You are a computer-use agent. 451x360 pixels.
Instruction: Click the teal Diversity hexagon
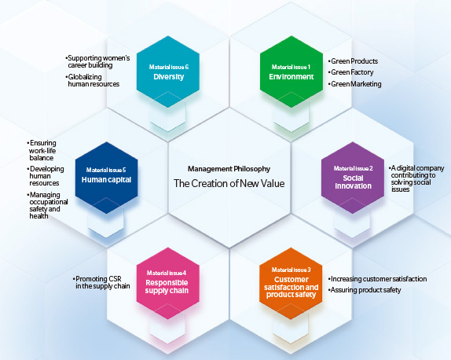click(x=168, y=72)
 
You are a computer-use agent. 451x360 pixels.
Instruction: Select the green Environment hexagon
click(x=291, y=72)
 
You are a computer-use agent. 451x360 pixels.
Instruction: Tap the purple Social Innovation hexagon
click(x=353, y=178)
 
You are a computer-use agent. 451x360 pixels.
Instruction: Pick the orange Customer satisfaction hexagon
click(x=291, y=284)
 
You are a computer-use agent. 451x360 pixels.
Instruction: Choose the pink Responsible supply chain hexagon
click(x=168, y=284)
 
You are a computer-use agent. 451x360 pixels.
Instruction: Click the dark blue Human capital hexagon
click(x=106, y=178)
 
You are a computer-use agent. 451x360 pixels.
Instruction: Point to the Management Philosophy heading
click(x=229, y=169)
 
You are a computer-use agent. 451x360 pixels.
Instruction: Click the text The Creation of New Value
click(x=229, y=183)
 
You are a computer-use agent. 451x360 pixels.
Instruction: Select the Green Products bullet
click(x=353, y=61)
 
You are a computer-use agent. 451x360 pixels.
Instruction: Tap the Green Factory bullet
click(x=350, y=72)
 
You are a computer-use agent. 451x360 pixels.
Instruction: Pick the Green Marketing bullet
click(x=354, y=84)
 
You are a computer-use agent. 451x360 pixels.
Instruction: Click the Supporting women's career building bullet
click(x=97, y=61)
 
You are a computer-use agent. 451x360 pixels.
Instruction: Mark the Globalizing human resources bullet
click(x=93, y=80)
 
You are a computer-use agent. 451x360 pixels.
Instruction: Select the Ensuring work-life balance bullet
click(x=42, y=150)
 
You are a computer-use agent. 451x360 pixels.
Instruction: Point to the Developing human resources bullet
click(x=46, y=176)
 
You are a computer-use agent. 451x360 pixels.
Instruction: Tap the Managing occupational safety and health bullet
click(x=47, y=205)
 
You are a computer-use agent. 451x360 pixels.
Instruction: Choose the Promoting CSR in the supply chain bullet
click(x=101, y=282)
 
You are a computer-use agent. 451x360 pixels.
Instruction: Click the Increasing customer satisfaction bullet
click(x=377, y=279)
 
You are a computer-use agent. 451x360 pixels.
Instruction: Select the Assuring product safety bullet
click(x=365, y=290)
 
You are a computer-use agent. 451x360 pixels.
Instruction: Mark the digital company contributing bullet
click(x=416, y=178)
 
